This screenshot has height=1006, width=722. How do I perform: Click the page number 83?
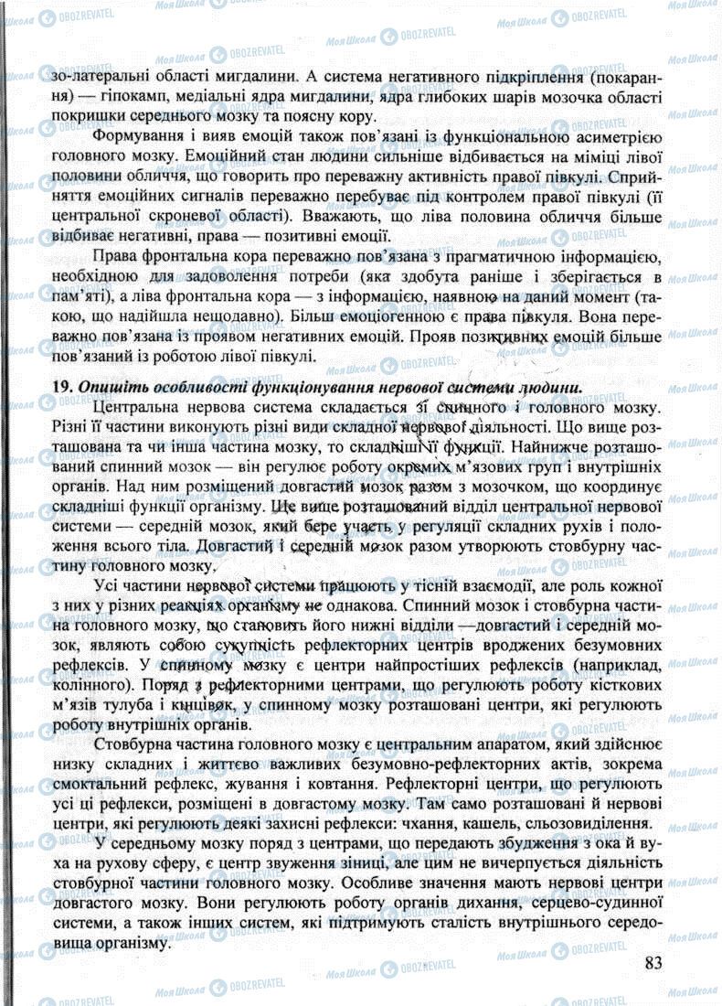tap(653, 962)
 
